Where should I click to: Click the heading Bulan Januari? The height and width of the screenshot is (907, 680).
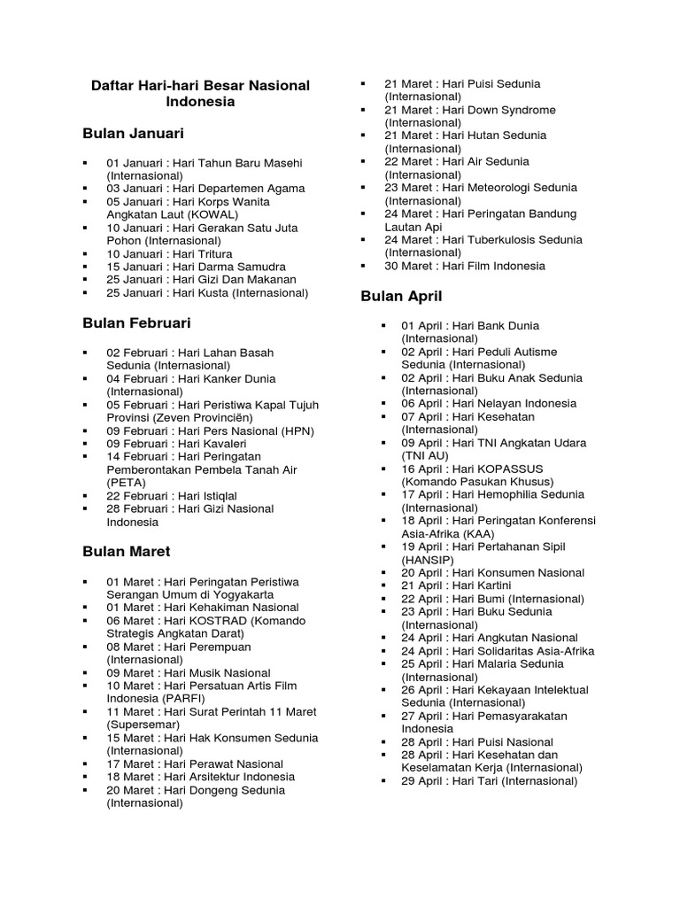(133, 134)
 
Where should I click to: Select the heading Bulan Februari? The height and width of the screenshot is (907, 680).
(136, 323)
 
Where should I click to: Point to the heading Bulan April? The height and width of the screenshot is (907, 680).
(401, 296)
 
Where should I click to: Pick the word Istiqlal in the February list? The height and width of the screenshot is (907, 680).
(217, 496)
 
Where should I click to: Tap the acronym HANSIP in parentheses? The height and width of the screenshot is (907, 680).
(428, 560)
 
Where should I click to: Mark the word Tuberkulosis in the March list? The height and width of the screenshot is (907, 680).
(513, 240)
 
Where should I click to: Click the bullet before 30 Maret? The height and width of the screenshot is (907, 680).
(363, 266)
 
